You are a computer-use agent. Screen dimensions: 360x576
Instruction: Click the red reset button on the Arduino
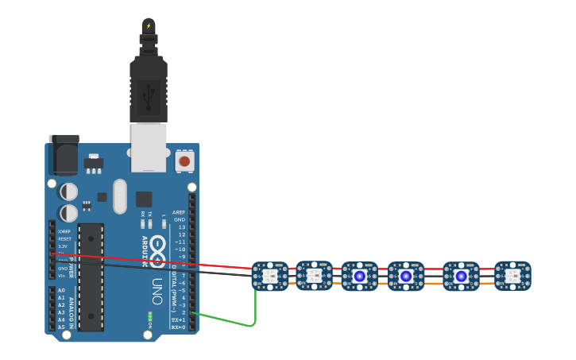point(184,161)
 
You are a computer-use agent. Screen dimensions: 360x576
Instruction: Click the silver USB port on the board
point(149,147)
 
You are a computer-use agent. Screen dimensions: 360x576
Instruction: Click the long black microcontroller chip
point(91,277)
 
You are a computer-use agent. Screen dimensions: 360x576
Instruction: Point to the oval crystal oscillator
point(120,195)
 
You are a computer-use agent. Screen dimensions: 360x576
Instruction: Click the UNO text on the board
point(158,291)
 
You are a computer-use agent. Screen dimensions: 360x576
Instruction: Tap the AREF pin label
point(180,213)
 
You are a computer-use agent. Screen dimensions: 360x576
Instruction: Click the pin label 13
point(182,227)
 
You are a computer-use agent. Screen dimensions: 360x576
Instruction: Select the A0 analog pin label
point(61,291)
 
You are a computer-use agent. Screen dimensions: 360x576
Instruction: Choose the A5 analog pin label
point(61,327)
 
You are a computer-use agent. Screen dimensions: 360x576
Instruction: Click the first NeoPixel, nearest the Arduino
point(269,276)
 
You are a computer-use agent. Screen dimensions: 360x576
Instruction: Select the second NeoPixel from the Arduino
point(314,276)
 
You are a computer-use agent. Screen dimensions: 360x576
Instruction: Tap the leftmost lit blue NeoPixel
point(360,276)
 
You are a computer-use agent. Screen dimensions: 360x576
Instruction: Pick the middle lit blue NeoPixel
point(406,276)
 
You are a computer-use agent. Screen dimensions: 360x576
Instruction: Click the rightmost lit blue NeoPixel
point(462,276)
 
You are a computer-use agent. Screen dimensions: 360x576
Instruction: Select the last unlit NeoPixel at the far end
point(512,276)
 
